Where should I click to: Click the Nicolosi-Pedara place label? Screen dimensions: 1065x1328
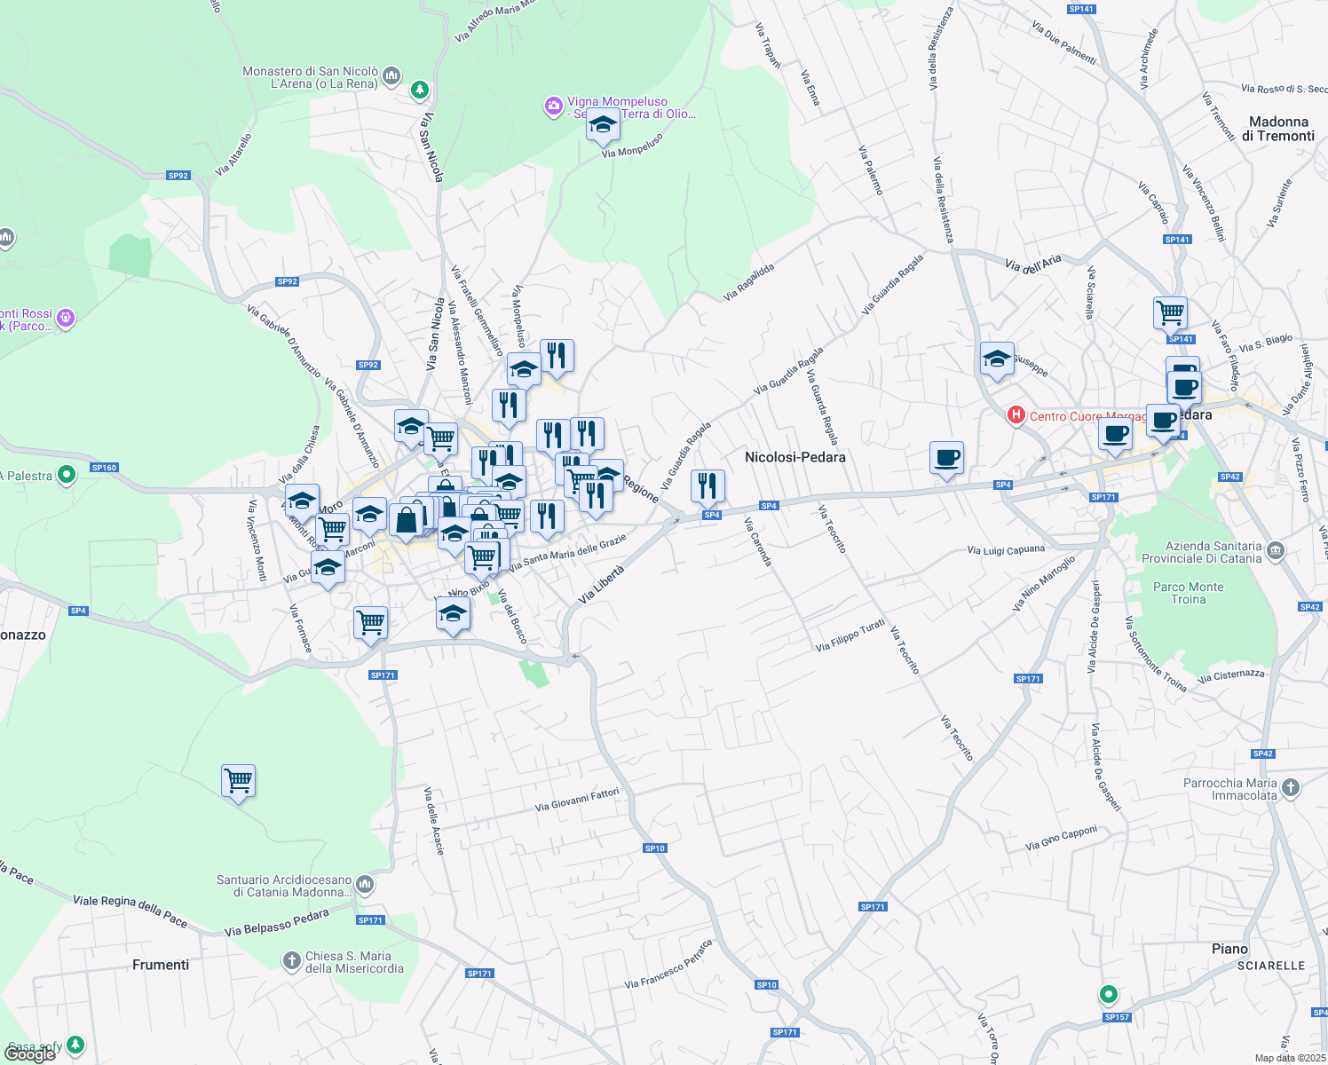click(x=794, y=457)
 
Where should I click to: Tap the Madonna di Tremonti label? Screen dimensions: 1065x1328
click(x=1278, y=129)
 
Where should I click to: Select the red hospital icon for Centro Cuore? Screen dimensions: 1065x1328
click(x=1016, y=414)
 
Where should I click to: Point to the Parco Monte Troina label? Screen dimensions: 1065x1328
click(x=1188, y=593)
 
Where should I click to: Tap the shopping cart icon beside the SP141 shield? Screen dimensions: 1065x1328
click(x=1171, y=312)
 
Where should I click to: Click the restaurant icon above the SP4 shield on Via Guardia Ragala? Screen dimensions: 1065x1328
click(x=707, y=485)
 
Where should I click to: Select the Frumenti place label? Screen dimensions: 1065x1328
click(x=161, y=965)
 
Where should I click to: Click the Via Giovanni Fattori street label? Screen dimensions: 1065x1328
click(x=577, y=800)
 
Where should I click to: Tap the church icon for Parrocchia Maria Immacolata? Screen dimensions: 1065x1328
click(x=1291, y=787)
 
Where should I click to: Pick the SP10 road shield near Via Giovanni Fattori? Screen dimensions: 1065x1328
click(x=655, y=848)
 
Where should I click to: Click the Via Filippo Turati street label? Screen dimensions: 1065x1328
click(x=850, y=635)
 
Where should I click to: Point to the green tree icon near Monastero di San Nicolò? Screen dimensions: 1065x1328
click(x=420, y=90)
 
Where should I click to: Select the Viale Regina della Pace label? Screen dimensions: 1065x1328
click(x=130, y=911)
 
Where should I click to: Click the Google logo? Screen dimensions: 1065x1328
click(x=30, y=1053)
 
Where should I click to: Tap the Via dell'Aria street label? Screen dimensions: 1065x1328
click(x=1032, y=263)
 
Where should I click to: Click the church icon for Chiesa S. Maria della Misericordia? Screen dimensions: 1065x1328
click(x=291, y=960)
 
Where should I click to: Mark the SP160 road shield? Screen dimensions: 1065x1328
click(x=104, y=467)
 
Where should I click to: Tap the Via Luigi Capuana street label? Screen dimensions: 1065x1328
click(x=1006, y=551)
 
